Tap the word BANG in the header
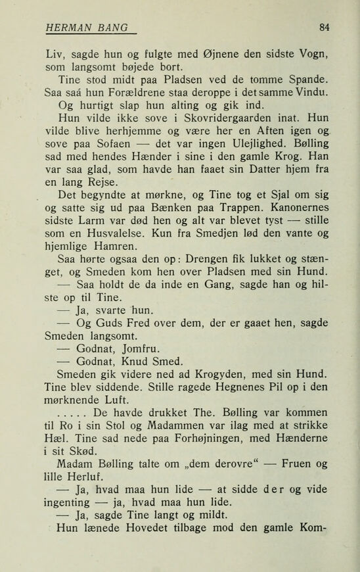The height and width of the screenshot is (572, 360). pyautogui.click(x=111, y=27)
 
